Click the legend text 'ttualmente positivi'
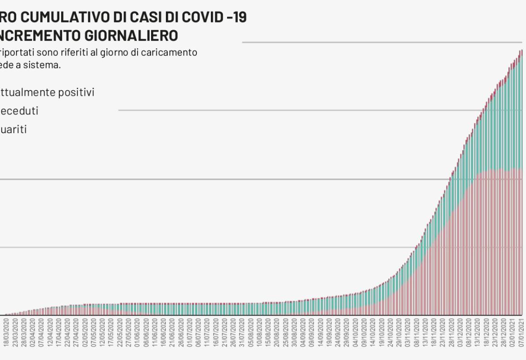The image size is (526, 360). click(x=47, y=92)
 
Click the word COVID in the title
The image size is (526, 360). click(x=199, y=18)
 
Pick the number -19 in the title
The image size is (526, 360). click(x=236, y=18)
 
